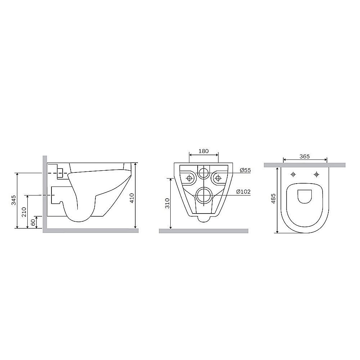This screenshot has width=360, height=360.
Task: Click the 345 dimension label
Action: tap(13, 200)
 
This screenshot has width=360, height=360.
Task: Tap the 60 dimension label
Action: tap(33, 222)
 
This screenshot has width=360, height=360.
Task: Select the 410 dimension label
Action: tap(132, 198)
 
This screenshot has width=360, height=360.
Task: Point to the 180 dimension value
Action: tap(204, 151)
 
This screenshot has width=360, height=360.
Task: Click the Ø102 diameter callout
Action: tap(244, 192)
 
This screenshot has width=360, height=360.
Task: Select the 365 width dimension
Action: tap(305, 156)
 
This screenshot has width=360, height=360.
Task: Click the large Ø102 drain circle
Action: tap(204, 195)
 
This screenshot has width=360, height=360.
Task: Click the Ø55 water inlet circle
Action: tap(204, 172)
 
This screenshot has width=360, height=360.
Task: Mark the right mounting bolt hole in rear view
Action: tap(218, 177)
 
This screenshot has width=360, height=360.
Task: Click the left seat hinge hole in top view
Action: tap(293, 175)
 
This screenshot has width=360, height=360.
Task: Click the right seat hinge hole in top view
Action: tap(316, 175)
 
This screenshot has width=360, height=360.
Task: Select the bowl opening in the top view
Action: tap(305, 196)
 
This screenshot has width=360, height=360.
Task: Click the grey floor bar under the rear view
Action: tap(203, 231)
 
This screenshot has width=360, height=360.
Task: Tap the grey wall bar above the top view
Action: tap(305, 165)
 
